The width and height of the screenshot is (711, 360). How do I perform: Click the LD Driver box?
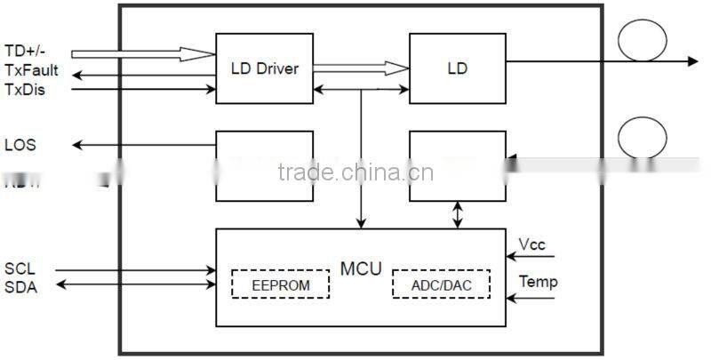264,68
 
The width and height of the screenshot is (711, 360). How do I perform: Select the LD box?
457,68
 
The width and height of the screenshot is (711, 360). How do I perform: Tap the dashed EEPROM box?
280,284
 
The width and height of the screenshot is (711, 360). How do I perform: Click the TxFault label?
31,70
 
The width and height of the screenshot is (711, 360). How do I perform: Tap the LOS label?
20,145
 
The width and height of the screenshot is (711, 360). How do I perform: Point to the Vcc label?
532,243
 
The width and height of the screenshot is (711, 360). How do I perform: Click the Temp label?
538,282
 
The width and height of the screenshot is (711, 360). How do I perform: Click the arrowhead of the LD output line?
691,60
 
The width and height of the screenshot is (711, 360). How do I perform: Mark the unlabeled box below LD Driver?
264,165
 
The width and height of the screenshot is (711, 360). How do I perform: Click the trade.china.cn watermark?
355,172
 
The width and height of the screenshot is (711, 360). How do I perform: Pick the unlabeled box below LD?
457,165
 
